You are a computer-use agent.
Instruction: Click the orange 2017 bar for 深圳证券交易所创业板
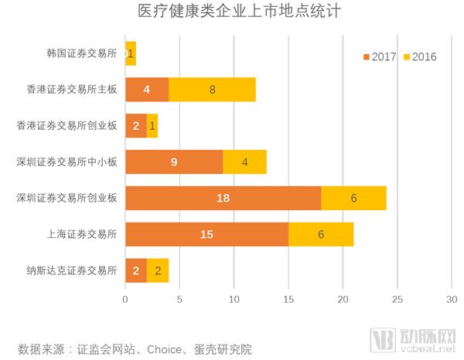223,198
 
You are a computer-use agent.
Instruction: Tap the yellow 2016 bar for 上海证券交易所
321,233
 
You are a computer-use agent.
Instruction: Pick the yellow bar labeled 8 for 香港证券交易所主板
212,90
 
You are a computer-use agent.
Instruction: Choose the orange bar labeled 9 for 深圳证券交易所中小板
174,161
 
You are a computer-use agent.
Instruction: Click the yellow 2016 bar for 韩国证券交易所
131,54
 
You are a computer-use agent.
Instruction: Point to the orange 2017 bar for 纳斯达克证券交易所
136,270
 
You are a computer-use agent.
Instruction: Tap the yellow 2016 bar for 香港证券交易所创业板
152,126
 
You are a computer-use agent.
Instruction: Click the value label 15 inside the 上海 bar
206,233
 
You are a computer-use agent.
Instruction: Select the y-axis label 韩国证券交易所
82,54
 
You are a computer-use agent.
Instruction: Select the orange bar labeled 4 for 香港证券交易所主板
147,90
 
